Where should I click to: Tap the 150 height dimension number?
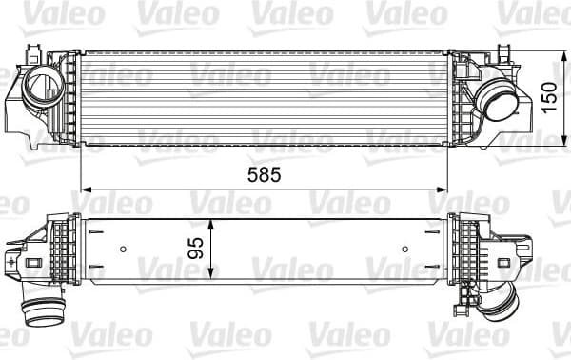coord(550,96)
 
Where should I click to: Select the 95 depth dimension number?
coord(197,250)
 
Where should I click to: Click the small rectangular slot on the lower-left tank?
coord(33,261)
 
